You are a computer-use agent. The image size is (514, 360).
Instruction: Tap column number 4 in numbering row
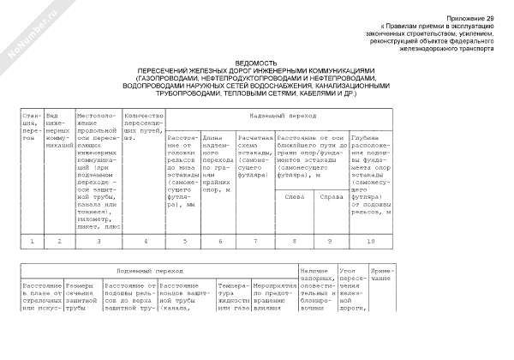tap(145, 241)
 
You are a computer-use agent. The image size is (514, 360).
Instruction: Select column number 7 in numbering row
tap(254, 241)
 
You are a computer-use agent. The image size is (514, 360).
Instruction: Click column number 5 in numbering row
tap(182, 241)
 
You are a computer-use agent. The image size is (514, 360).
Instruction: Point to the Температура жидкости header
tap(234, 296)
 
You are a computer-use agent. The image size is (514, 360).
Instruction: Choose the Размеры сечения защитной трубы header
tap(82, 296)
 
